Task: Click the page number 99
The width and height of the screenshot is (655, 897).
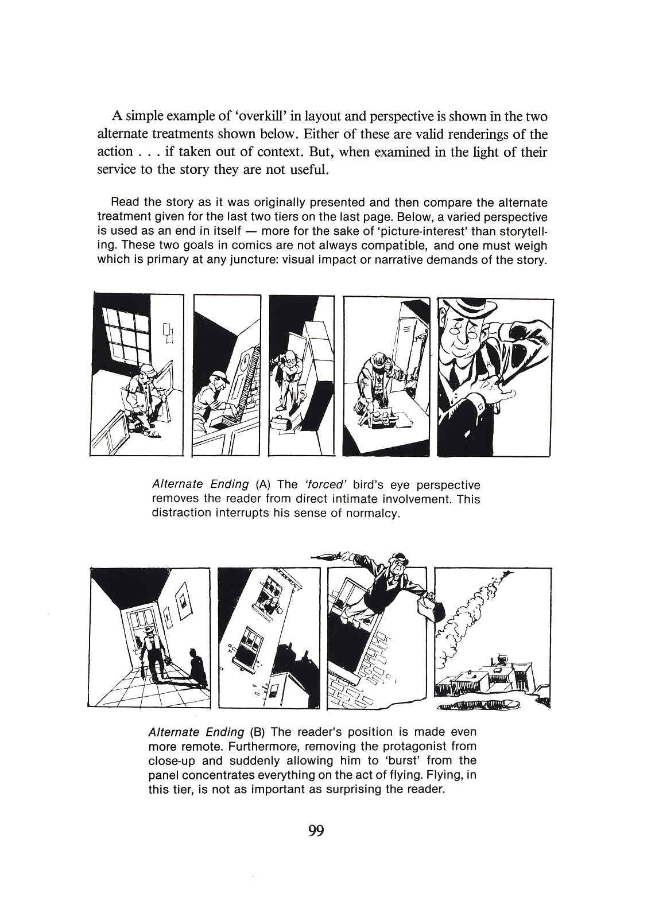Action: click(x=316, y=830)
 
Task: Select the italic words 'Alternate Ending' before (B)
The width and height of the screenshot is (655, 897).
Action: click(x=196, y=732)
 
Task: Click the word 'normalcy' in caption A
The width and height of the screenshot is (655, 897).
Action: click(x=373, y=512)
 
